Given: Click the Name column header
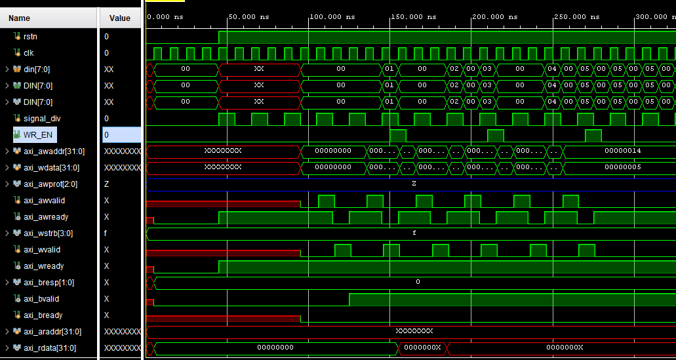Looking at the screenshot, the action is pyautogui.click(x=19, y=18).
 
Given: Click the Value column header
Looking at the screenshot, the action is pyautogui.click(x=120, y=18).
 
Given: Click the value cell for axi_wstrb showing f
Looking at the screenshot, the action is pyautogui.click(x=106, y=233).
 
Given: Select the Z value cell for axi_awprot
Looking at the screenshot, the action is pyautogui.click(x=106, y=184).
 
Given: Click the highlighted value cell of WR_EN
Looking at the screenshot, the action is pyautogui.click(x=121, y=134).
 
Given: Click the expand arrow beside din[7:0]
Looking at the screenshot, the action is pyautogui.click(x=7, y=69).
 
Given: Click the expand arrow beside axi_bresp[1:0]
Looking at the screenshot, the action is pyautogui.click(x=7, y=283).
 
